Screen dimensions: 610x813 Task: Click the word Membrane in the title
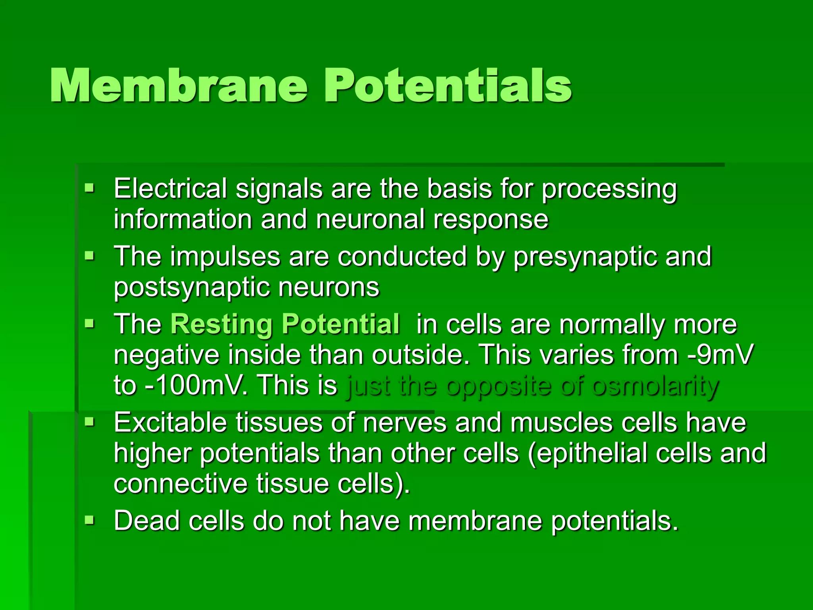coord(179,86)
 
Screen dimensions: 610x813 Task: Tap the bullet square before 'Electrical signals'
coord(90,187)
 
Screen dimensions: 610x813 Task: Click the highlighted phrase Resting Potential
coord(285,324)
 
